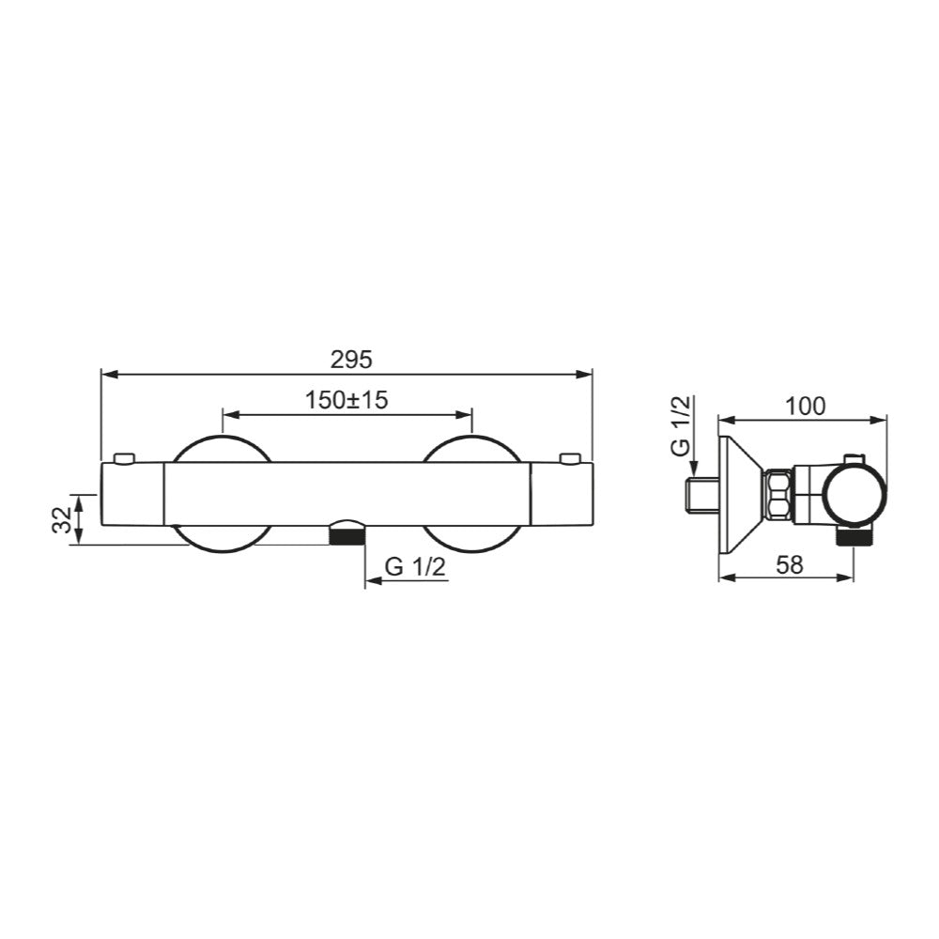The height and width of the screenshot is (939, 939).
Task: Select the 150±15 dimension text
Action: click(346, 400)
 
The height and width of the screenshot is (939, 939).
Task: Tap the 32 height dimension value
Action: click(61, 519)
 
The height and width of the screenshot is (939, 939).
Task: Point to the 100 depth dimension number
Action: click(805, 406)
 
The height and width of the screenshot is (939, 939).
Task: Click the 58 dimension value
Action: click(792, 565)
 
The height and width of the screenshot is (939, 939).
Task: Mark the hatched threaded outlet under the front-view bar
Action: click(346, 535)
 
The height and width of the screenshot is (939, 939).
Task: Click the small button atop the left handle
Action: click(123, 458)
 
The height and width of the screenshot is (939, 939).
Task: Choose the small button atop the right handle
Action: click(569, 458)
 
